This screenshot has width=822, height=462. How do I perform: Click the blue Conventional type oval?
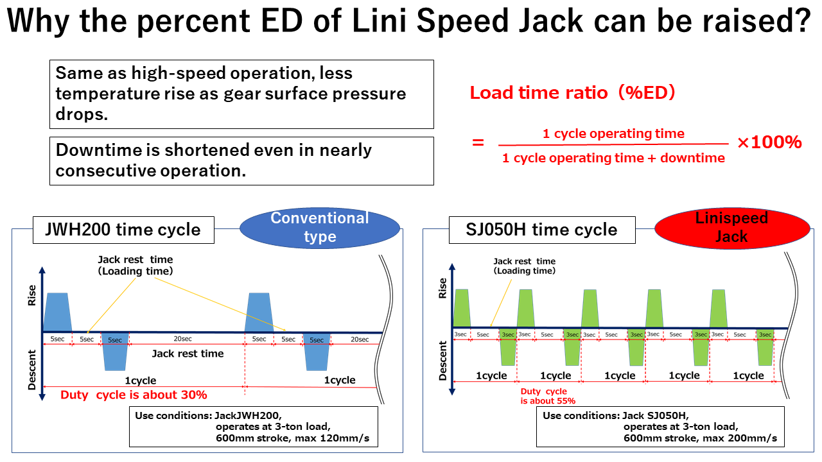(320, 227)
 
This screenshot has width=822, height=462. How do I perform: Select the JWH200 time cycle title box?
(123, 229)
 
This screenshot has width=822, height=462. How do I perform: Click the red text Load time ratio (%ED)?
(572, 93)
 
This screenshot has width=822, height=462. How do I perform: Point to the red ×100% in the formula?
(769, 142)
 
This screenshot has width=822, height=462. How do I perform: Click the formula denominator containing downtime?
(613, 158)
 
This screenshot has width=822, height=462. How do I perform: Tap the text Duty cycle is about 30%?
(134, 395)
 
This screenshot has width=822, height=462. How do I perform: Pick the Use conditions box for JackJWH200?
(253, 427)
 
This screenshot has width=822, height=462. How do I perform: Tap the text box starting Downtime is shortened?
(241, 160)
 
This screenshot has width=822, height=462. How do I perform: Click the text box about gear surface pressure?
(241, 94)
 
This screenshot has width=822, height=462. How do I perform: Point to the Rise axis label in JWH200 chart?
(33, 295)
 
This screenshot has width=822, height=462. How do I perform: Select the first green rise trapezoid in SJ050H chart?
(462, 307)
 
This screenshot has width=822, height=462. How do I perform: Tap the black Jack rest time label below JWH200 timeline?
(188, 354)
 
